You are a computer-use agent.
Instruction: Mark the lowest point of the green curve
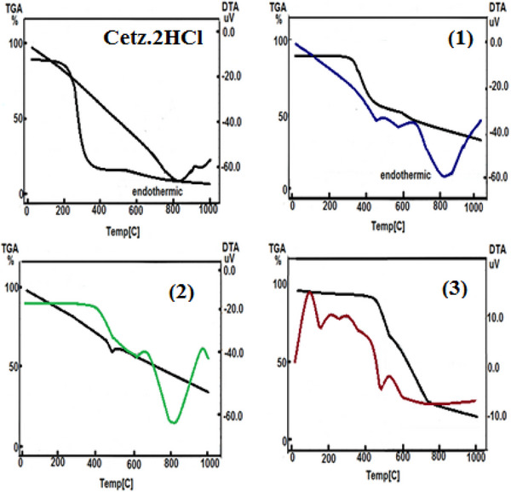pyautogui.click(x=174, y=422)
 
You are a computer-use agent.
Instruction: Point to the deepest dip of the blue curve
pyautogui.click(x=446, y=176)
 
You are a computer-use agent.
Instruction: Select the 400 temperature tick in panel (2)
pyautogui.click(x=95, y=464)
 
